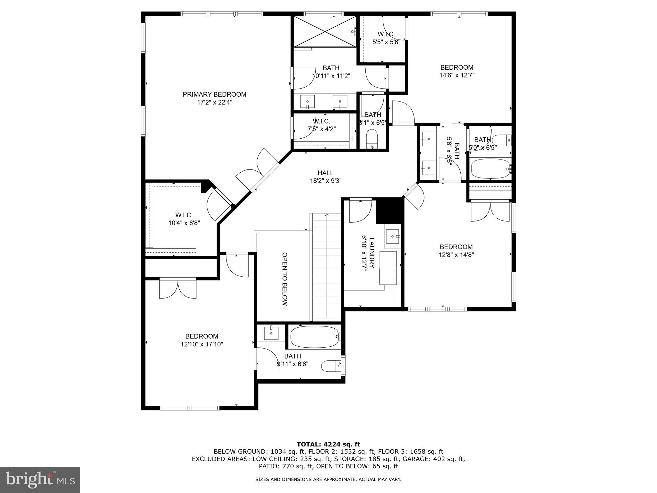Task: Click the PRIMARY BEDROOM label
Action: click(214, 94)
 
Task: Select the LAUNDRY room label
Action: click(368, 253)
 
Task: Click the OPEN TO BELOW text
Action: click(284, 279)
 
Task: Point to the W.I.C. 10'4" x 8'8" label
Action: click(184, 219)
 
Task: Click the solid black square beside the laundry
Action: click(388, 211)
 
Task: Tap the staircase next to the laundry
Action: click(327, 266)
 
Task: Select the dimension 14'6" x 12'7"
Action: click(457, 75)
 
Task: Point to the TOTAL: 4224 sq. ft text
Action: click(328, 444)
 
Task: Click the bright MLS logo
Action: click(40, 480)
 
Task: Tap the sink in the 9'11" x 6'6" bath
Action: click(271, 333)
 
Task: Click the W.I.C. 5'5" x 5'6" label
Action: click(386, 38)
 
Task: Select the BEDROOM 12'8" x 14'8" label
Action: click(456, 251)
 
